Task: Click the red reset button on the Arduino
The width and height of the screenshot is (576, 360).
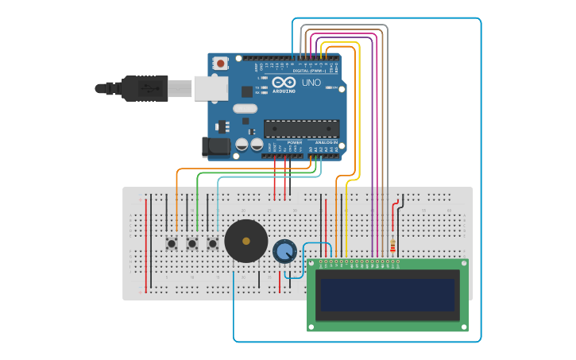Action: pos(220,62)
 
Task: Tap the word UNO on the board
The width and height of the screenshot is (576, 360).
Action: pos(311,83)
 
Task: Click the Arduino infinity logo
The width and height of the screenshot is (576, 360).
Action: pos(284,83)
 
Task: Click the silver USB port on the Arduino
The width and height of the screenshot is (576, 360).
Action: pos(211,88)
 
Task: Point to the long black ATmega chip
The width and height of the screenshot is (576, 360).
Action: pos(301,128)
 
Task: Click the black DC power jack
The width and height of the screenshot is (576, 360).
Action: pos(215,146)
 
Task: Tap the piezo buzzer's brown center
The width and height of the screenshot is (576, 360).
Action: pos(245,241)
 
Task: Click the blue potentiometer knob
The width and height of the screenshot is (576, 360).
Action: pos(284,252)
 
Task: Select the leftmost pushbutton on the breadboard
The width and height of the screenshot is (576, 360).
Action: pos(171,243)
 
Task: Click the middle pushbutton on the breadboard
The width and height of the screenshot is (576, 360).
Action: pos(191,243)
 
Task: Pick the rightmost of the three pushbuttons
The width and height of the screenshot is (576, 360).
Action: pos(212,243)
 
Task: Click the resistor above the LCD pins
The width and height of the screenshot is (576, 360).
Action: pos(392,245)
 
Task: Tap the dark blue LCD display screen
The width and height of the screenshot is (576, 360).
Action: pos(388,294)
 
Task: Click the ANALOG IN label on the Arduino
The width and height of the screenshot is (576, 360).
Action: pos(326,142)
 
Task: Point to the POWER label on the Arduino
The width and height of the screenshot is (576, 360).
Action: pos(284,142)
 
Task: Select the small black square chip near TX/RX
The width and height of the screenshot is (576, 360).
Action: pos(247,91)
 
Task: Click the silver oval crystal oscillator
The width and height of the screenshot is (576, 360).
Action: pos(245,108)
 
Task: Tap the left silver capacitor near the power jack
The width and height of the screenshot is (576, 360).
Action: pos(242,145)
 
